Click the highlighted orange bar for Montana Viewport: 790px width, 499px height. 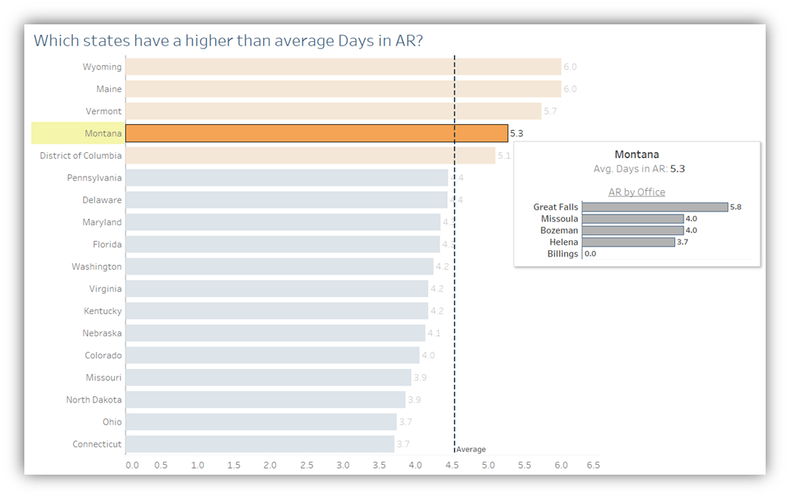(x=316, y=134)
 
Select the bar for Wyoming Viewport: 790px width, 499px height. (x=343, y=67)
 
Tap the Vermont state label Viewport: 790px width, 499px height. (x=103, y=112)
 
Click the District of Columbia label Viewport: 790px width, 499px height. (x=81, y=156)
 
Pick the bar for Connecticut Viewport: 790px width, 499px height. (x=260, y=444)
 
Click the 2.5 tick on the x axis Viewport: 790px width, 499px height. (x=306, y=465)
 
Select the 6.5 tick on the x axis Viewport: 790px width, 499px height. (x=592, y=465)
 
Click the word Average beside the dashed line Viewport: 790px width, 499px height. (x=471, y=450)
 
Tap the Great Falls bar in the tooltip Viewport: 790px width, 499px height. (x=655, y=207)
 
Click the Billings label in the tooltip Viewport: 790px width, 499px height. (x=563, y=254)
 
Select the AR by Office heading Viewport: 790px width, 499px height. (x=636, y=192)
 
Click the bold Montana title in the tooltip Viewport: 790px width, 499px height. (x=636, y=154)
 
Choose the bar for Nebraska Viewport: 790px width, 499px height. (x=275, y=333)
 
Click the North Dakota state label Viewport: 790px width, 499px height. (x=94, y=400)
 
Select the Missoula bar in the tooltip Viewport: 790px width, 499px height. (x=633, y=219)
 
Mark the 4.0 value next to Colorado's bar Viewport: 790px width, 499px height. (x=428, y=355)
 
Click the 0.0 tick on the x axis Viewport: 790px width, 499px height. (x=132, y=465)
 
